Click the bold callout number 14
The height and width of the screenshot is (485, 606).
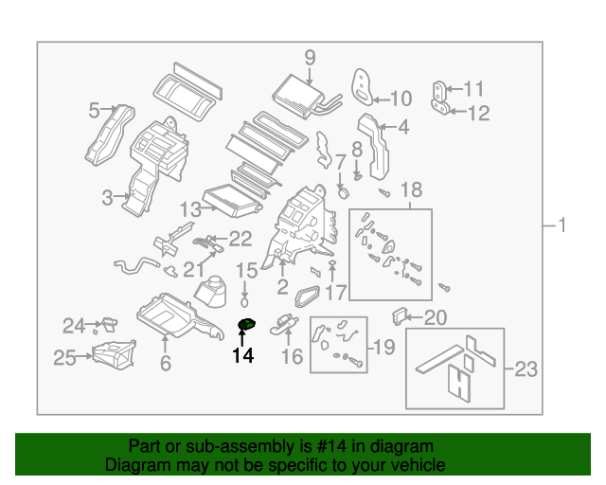click(x=243, y=356)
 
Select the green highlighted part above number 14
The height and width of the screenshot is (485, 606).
click(x=246, y=326)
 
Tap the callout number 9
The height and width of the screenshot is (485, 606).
click(x=310, y=58)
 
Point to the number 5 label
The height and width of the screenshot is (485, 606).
click(x=94, y=111)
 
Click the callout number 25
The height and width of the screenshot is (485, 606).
click(x=64, y=357)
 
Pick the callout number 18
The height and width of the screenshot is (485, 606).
click(x=410, y=189)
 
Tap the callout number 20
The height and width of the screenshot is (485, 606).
click(x=435, y=318)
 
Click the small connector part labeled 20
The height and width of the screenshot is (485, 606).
click(x=401, y=314)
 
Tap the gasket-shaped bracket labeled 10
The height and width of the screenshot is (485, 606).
click(x=364, y=85)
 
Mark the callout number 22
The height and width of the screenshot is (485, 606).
click(x=241, y=239)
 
